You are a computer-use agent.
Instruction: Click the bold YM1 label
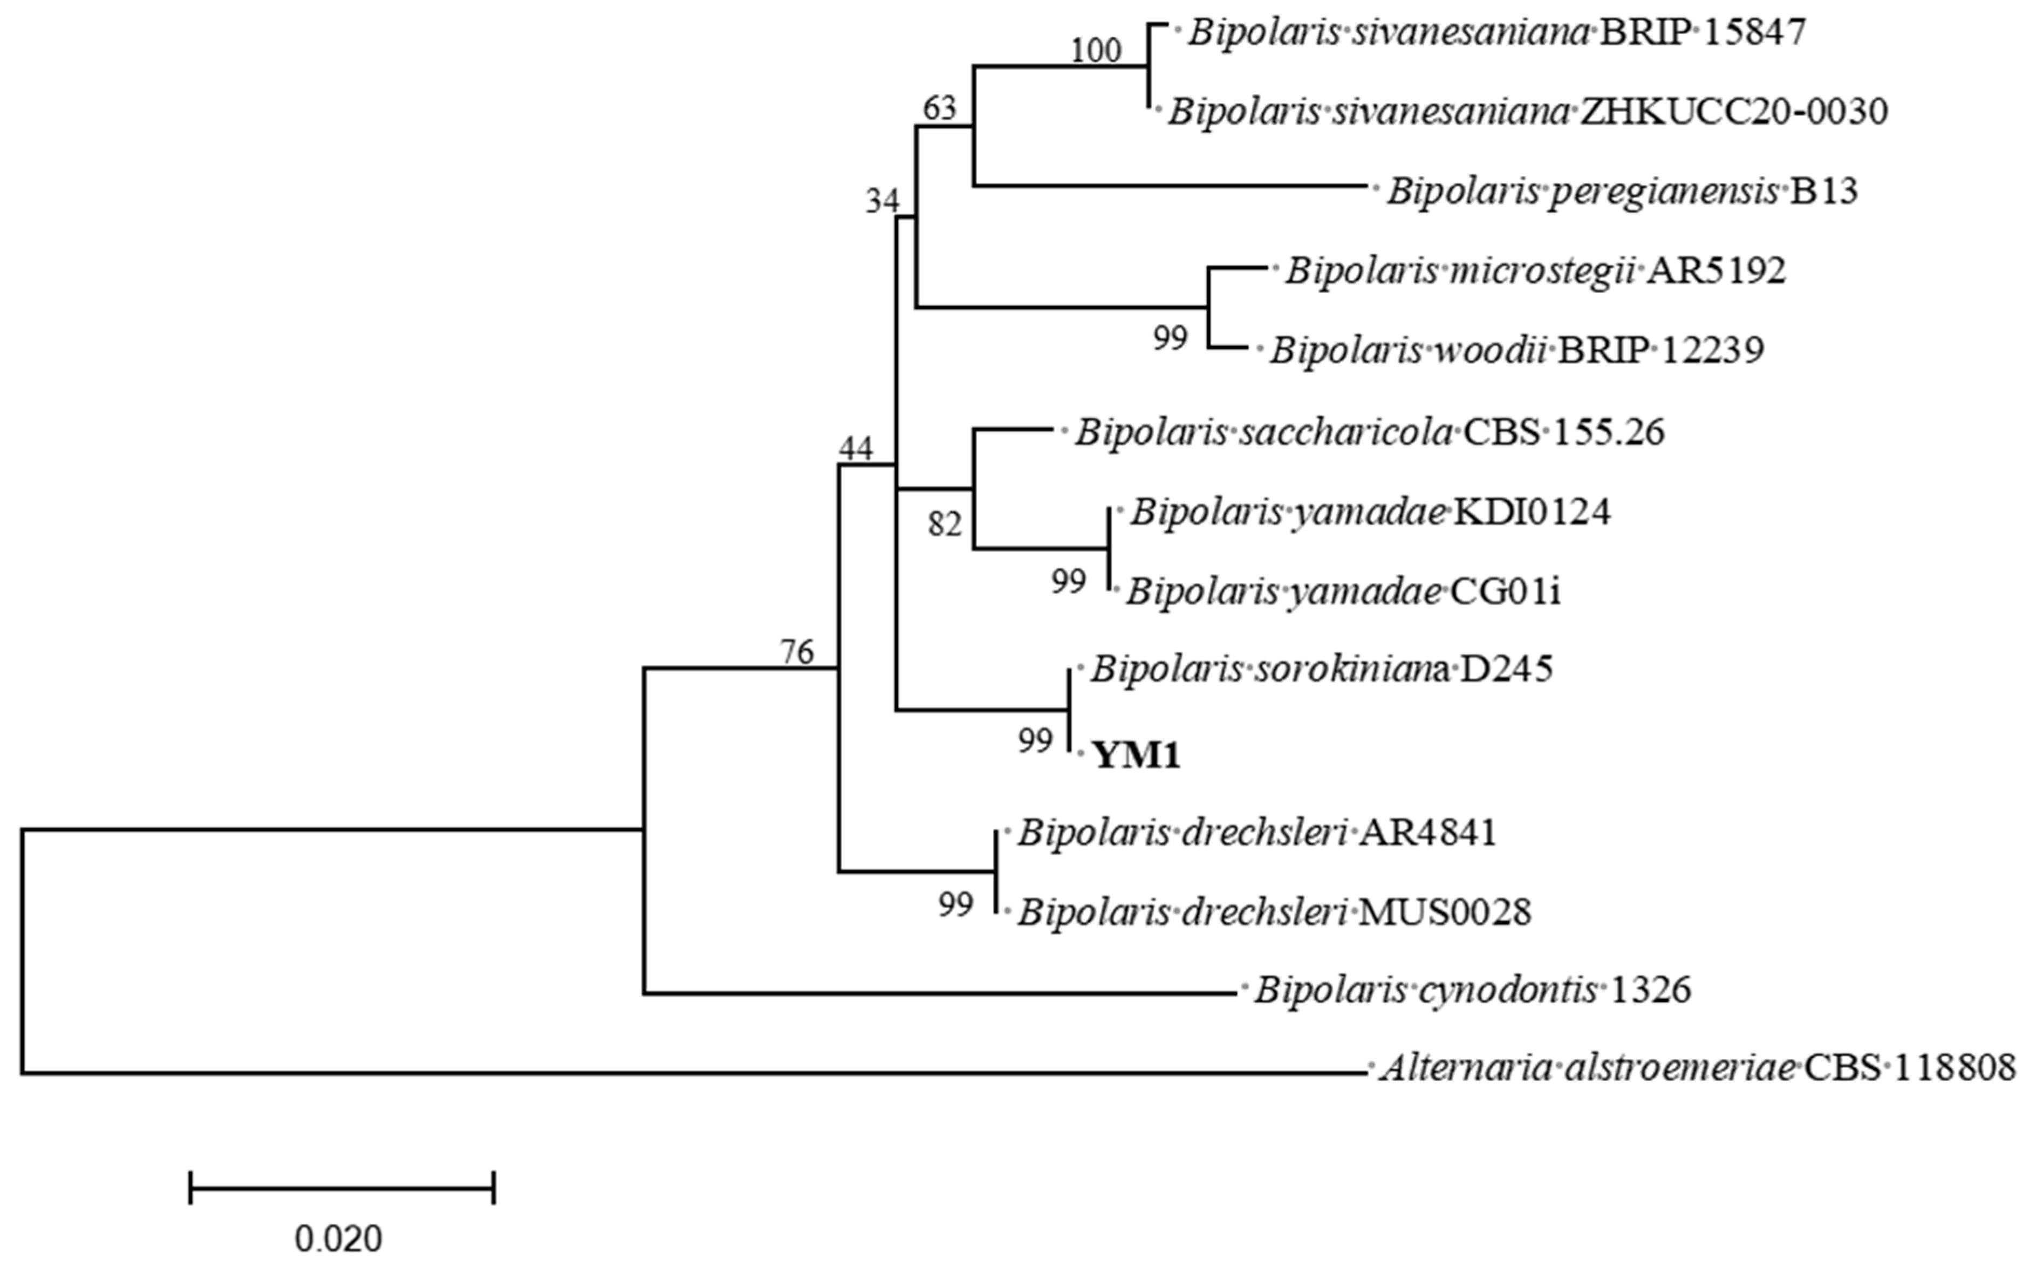click(x=1136, y=757)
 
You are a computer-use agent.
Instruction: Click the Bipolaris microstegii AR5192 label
click(x=1535, y=271)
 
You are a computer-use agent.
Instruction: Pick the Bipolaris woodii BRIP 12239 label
click(x=1516, y=350)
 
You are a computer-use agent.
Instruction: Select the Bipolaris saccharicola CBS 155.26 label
click(x=1370, y=432)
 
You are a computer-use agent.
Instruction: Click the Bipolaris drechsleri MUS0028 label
click(x=1274, y=912)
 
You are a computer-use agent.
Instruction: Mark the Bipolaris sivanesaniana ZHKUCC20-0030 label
click(x=1527, y=112)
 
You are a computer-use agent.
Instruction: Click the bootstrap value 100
click(x=1096, y=51)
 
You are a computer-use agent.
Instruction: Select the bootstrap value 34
click(x=882, y=201)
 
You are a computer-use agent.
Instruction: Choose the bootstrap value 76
click(x=797, y=651)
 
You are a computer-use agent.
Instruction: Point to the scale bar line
click(x=342, y=1187)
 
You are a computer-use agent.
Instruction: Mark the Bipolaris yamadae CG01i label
click(x=1343, y=591)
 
